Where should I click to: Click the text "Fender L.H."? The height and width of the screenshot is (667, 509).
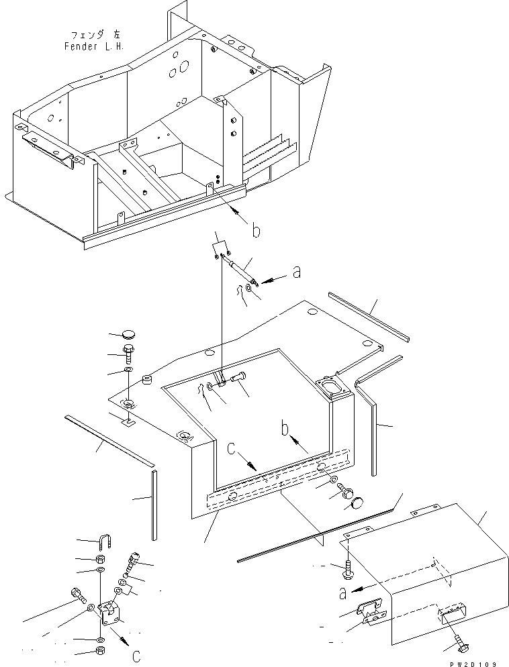[x=94, y=46]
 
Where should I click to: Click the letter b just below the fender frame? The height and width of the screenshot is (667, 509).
[x=256, y=231]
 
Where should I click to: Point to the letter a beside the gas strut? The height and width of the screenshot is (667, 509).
[x=297, y=271]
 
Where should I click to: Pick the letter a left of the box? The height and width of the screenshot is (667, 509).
[x=342, y=593]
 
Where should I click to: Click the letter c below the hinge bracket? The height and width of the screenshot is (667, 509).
[x=136, y=656]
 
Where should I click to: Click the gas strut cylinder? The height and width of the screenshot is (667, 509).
[x=241, y=270]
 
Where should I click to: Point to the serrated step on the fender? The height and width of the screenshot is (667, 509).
[x=268, y=152]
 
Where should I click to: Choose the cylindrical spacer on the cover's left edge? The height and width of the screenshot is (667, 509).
[x=147, y=379]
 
